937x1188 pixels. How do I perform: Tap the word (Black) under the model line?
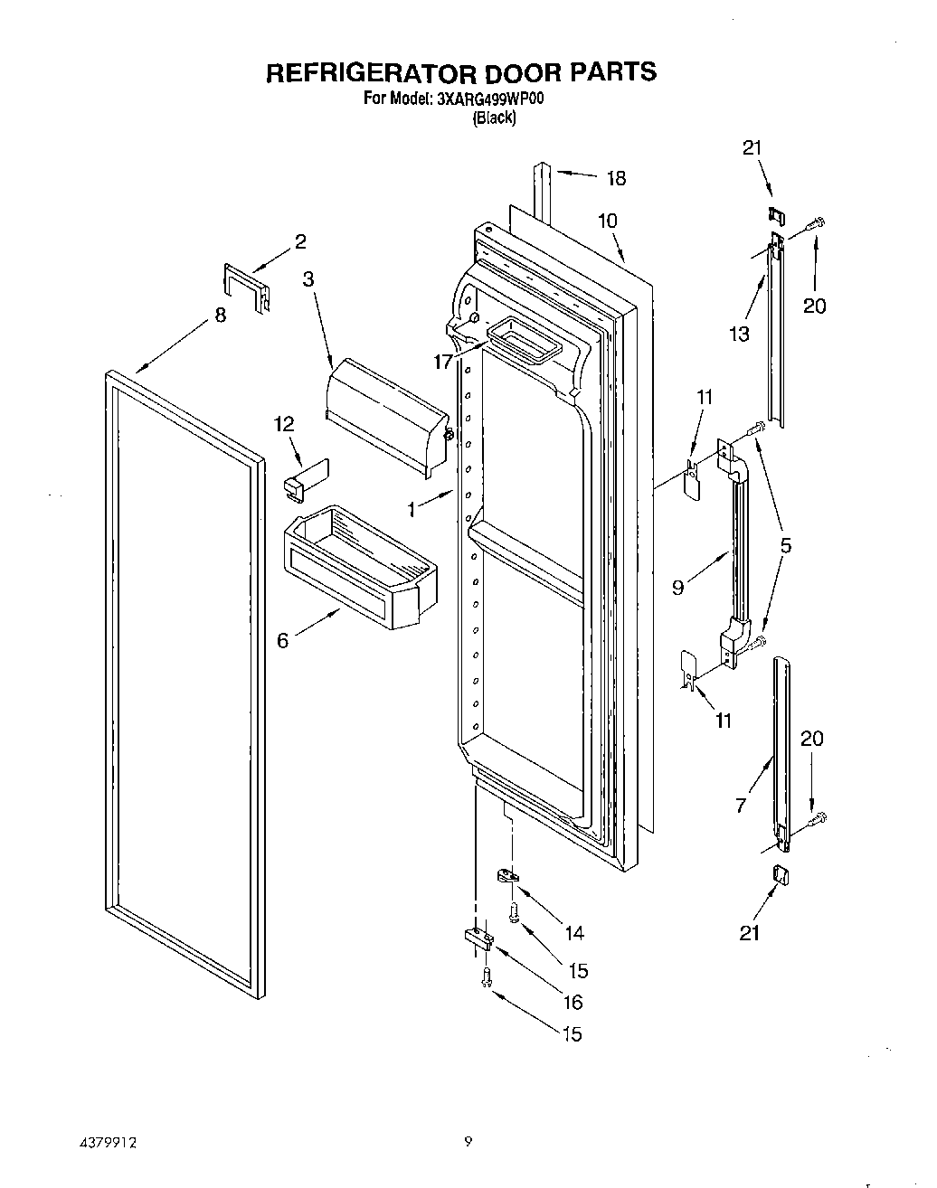tap(495, 118)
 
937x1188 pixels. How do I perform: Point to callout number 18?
tap(616, 178)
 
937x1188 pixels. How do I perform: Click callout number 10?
tap(607, 221)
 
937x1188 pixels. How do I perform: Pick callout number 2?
tap(300, 241)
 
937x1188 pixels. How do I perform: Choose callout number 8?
tap(221, 316)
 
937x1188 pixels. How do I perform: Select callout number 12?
tap(285, 423)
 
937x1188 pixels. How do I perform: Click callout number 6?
tap(283, 640)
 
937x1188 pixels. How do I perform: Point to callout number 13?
tap(739, 335)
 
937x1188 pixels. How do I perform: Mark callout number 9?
tap(678, 587)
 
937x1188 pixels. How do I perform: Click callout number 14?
tap(573, 933)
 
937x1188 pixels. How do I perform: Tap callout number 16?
tap(573, 1002)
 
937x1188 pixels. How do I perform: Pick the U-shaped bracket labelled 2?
tap(245, 288)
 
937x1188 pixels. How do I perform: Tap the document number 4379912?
tap(108, 1143)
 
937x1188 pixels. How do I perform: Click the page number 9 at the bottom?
tap(468, 1142)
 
